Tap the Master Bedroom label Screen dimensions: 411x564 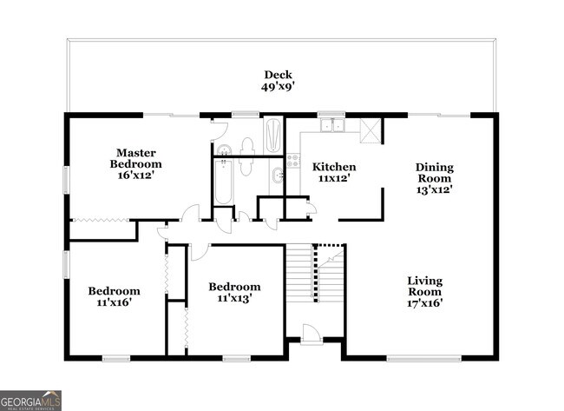135,158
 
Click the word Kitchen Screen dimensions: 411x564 334,167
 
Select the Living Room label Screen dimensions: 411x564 425,286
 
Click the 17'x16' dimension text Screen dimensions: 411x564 425,303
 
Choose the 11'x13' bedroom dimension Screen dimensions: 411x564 234,299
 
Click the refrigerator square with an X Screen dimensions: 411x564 371,130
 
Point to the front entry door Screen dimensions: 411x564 311,334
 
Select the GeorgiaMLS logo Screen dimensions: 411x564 30,400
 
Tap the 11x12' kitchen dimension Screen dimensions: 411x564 334,179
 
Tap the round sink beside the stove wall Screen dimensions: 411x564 277,177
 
